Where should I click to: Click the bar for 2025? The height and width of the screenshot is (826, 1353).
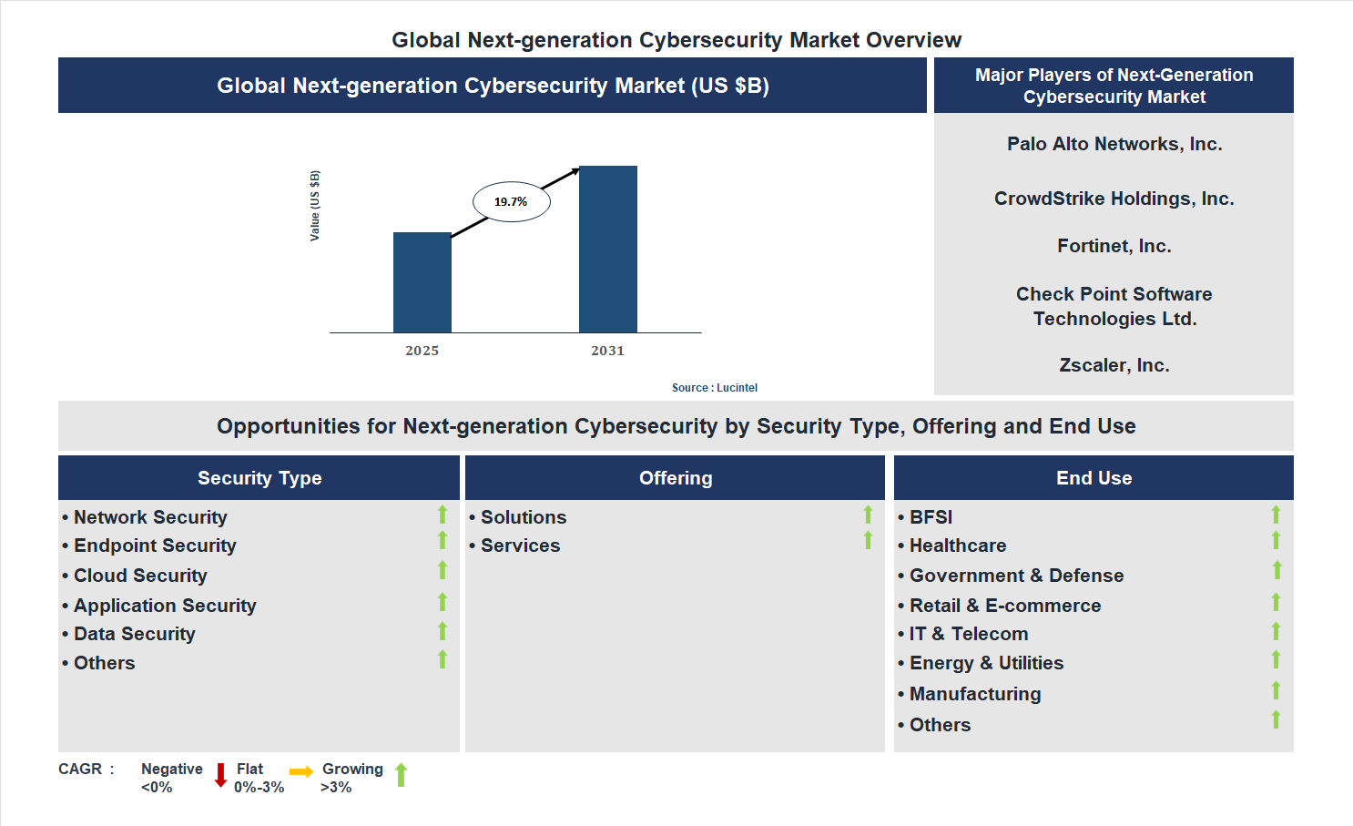tap(422, 282)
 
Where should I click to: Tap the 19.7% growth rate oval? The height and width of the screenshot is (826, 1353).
tap(511, 201)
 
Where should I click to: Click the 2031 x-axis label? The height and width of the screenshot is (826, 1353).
tap(607, 351)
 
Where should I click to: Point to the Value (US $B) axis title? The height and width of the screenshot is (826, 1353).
tap(315, 206)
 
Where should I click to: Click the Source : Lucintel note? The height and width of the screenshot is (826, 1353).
tap(714, 388)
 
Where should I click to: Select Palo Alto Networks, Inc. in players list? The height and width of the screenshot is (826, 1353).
tap(1114, 144)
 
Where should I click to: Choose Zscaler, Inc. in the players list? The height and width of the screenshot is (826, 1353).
tap(1114, 365)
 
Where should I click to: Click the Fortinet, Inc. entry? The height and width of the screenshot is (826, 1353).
tap(1114, 246)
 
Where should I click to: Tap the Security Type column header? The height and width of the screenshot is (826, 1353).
tap(259, 478)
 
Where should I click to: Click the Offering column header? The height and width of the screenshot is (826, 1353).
tap(675, 478)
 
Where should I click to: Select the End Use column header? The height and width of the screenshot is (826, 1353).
tap(1094, 478)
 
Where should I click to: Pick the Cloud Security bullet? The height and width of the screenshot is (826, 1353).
tap(140, 576)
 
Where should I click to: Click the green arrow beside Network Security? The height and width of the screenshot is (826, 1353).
tap(443, 515)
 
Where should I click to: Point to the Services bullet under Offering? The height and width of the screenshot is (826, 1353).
tap(520, 546)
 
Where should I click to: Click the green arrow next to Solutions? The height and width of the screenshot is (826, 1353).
tap(868, 515)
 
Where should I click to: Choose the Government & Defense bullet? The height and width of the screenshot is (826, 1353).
tap(1016, 576)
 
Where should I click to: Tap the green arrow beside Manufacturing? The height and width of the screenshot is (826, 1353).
tap(1276, 690)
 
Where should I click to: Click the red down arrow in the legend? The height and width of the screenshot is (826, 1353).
tap(220, 775)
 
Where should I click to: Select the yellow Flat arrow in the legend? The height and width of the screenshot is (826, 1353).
tap(300, 772)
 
